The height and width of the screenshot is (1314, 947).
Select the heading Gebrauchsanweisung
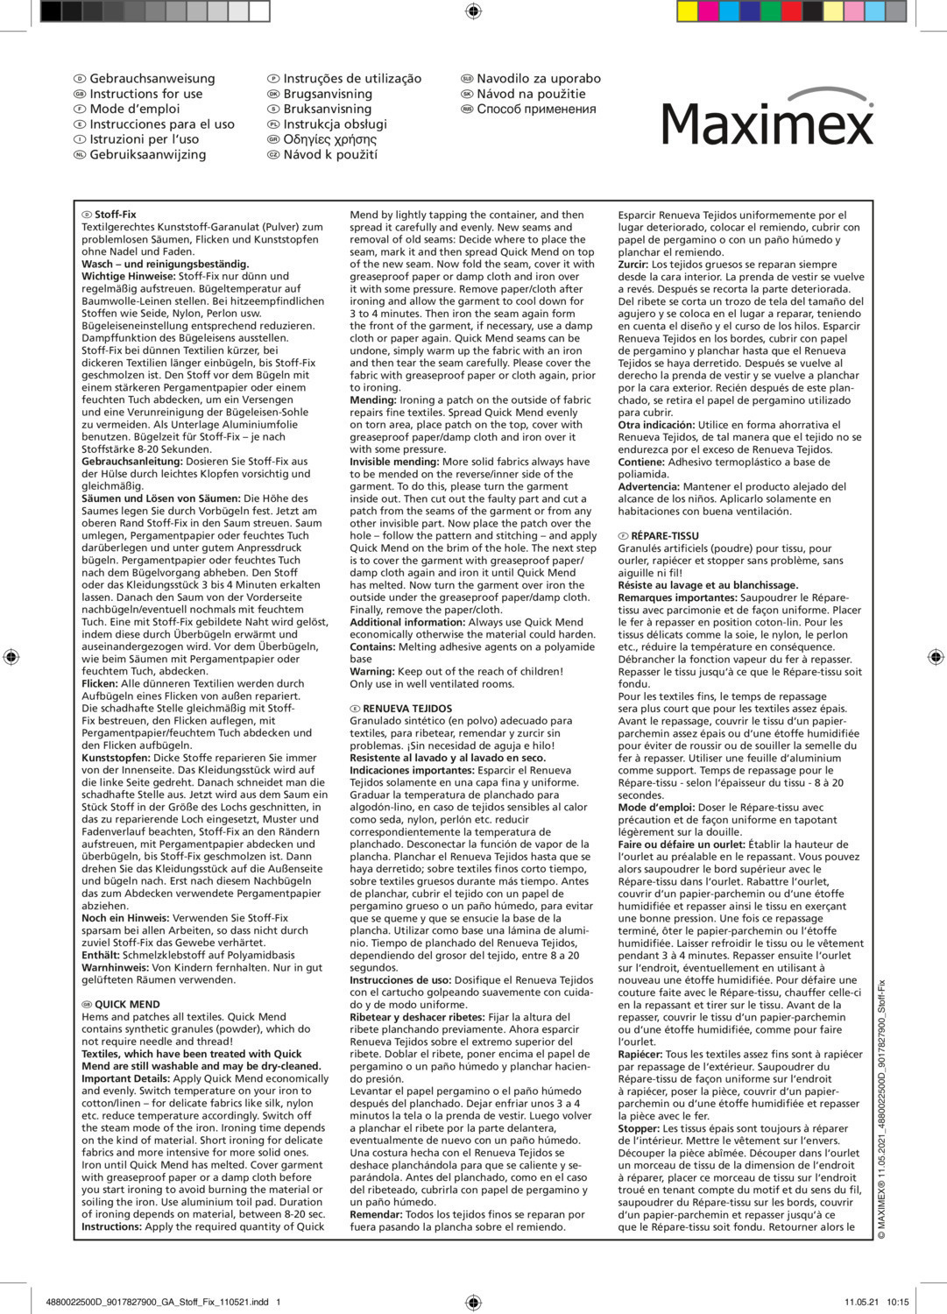coord(152,79)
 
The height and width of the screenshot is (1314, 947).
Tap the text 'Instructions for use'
coord(145,94)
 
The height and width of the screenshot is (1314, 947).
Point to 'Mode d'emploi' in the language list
coord(134,109)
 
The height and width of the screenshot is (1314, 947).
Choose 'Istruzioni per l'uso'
coord(144,139)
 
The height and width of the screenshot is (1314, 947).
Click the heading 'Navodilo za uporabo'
coord(538,79)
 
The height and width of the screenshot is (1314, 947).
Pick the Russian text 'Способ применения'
coord(536,109)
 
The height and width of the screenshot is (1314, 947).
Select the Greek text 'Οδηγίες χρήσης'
coord(329,139)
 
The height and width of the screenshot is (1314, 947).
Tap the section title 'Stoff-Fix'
coord(115,215)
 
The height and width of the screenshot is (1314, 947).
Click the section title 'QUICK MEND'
coord(127,1005)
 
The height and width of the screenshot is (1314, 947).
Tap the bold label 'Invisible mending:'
coord(394,462)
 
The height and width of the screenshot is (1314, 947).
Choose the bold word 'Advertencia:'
coord(648,487)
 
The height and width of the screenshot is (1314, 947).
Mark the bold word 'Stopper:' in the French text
coord(639,1128)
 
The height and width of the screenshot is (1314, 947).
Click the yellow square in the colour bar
coord(688,11)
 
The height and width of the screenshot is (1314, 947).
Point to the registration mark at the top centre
coord(473,11)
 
